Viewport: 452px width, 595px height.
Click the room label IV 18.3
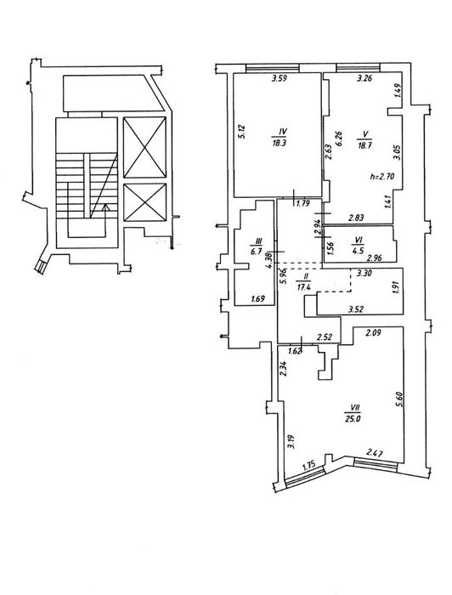pyautogui.click(x=282, y=138)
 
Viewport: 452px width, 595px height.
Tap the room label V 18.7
pyautogui.click(x=364, y=140)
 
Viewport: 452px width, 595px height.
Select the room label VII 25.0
pyautogui.click(x=355, y=413)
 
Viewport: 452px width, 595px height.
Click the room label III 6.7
pyautogui.click(x=259, y=247)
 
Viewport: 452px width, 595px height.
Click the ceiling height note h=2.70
pyautogui.click(x=382, y=177)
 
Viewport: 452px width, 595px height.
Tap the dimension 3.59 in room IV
pyautogui.click(x=280, y=79)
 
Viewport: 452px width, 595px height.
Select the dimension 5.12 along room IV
pyautogui.click(x=243, y=132)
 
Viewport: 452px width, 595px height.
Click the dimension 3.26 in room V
pyautogui.click(x=364, y=79)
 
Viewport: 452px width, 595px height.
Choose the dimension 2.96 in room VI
pyautogui.click(x=375, y=258)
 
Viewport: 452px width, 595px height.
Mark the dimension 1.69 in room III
pyautogui.click(x=257, y=299)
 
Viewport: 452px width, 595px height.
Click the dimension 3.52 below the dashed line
pyautogui.click(x=357, y=309)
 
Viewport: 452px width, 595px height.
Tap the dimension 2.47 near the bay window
pyautogui.click(x=375, y=452)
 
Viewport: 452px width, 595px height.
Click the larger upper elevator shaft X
pyautogui.click(x=144, y=147)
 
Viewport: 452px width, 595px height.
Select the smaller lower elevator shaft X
pyautogui.click(x=144, y=202)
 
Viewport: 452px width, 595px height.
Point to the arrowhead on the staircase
pyautogui.click(x=106, y=207)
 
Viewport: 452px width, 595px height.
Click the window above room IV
pyautogui.click(x=273, y=68)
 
